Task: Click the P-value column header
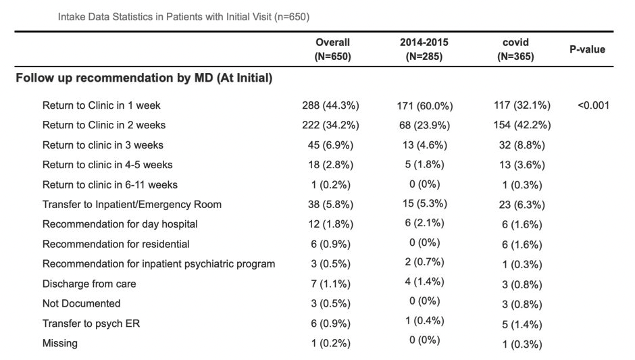pyautogui.click(x=587, y=49)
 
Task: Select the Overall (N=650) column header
pyautogui.click(x=332, y=49)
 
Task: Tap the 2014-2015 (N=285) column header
pyautogui.click(x=424, y=49)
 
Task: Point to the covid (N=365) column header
pyautogui.click(x=515, y=49)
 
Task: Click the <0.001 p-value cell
pyautogui.click(x=593, y=105)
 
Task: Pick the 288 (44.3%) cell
pyautogui.click(x=330, y=105)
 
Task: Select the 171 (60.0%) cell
pyautogui.click(x=425, y=106)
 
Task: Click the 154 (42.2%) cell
pyautogui.click(x=522, y=125)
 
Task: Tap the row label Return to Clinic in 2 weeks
pyautogui.click(x=103, y=125)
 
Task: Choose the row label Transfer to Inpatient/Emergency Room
pyautogui.click(x=132, y=205)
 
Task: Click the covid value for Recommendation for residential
pyautogui.click(x=522, y=245)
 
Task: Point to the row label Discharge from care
pyautogui.click(x=89, y=284)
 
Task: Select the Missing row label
pyautogui.click(x=60, y=343)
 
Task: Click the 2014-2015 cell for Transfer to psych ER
pyautogui.click(x=425, y=321)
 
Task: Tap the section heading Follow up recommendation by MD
pyautogui.click(x=144, y=78)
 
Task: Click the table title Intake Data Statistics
pyautogui.click(x=184, y=17)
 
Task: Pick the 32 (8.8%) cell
pyautogui.click(x=522, y=145)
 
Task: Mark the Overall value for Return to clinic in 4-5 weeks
pyautogui.click(x=330, y=165)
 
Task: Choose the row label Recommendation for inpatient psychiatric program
pyautogui.click(x=159, y=264)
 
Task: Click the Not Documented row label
pyautogui.click(x=81, y=304)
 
